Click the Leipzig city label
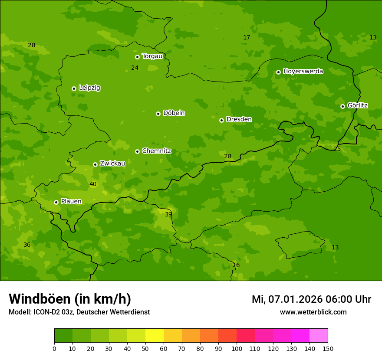point(89,88)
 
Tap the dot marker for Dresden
point(221,120)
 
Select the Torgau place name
point(152,56)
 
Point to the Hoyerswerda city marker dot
point(278,72)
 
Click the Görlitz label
point(357,105)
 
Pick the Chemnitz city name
point(156,151)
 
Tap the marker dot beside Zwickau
point(95,164)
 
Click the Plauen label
point(71,201)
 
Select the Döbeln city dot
point(158,114)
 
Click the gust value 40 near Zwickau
point(93,184)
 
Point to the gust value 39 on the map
point(168,214)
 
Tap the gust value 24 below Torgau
point(135,68)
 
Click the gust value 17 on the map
point(247,38)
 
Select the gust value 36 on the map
point(27,245)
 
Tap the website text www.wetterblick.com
point(313,312)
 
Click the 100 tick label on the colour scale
point(237,348)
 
